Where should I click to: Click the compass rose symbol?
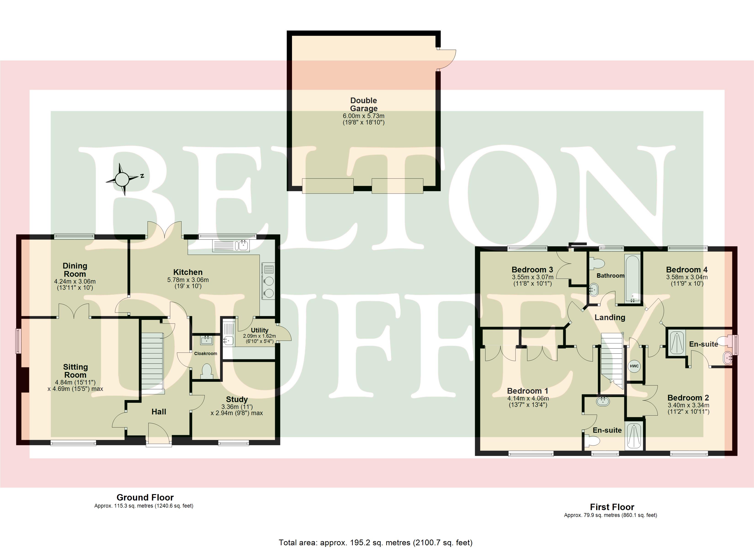(122, 179)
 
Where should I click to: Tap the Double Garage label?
(364, 104)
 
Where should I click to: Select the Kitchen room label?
(188, 272)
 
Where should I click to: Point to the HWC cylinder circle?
(634, 366)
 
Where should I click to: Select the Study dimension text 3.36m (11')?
(237, 407)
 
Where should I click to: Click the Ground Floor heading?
(145, 498)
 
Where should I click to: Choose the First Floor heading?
(612, 507)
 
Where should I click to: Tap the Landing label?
(610, 318)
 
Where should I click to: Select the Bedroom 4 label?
(687, 269)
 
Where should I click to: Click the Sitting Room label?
(75, 371)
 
